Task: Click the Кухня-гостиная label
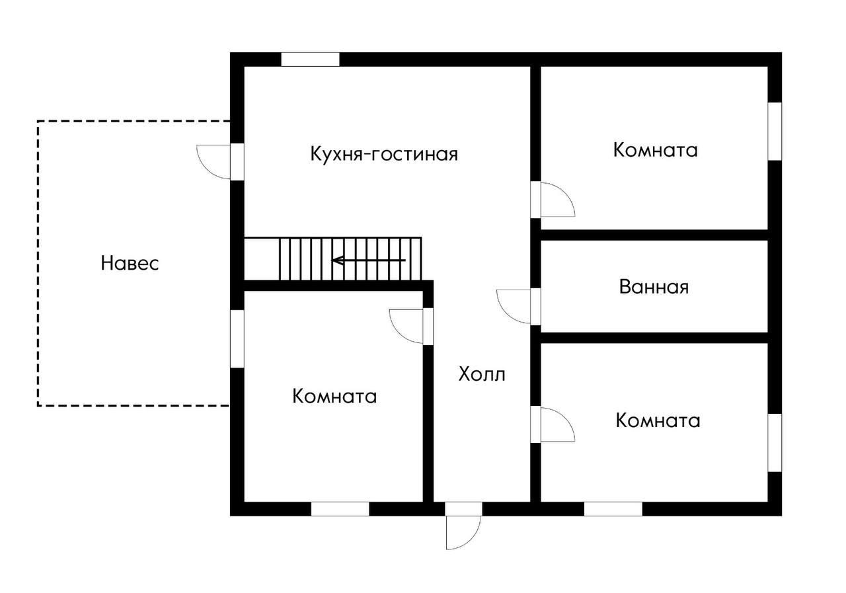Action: (384, 154)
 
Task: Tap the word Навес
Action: (130, 263)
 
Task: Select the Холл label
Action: (482, 374)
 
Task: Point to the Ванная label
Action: (654, 287)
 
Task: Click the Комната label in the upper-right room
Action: (655, 149)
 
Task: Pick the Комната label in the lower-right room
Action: (658, 420)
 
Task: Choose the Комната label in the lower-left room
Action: (334, 396)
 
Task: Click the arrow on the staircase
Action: (367, 260)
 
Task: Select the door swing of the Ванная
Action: (514, 306)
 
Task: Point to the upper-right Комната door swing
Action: (557, 200)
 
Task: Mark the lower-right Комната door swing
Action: (557, 424)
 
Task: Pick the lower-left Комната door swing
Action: (407, 326)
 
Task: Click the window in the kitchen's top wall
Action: (310, 59)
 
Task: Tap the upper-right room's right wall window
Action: (774, 131)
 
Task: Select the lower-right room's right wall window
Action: (774, 442)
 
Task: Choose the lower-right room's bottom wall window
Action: (613, 509)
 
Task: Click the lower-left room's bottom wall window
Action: (340, 509)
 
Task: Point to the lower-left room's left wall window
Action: (237, 338)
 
